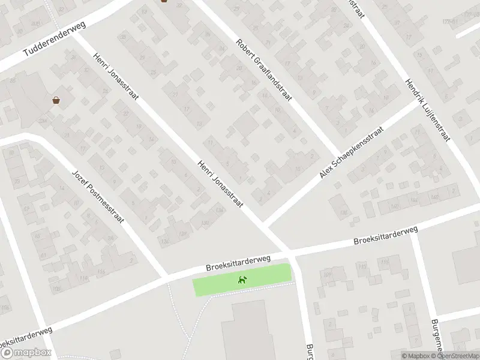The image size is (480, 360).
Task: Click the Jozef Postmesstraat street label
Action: click(x=98, y=196)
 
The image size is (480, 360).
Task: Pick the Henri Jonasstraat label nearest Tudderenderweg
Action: click(x=115, y=78)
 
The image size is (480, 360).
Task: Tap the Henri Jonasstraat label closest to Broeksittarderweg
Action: click(x=220, y=184)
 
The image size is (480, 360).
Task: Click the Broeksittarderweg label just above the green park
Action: click(x=238, y=262)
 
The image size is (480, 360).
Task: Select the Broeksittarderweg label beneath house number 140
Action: click(x=385, y=235)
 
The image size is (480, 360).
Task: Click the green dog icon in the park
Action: click(x=242, y=280)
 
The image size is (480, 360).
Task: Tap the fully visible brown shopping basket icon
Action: click(x=56, y=100)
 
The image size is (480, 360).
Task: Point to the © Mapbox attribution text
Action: click(x=416, y=355)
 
